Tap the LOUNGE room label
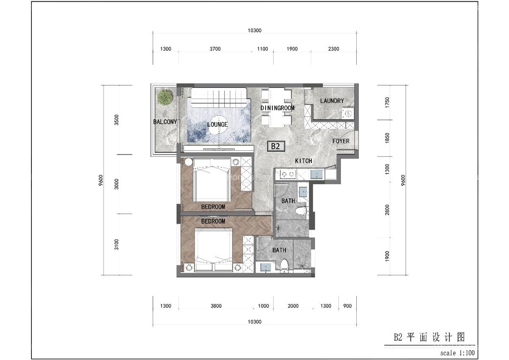218,125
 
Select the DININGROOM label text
277,108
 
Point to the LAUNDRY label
332,101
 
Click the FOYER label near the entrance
341,141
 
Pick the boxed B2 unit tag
276,146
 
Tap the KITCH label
304,161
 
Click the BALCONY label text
165,122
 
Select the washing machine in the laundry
348,113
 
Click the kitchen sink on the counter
316,174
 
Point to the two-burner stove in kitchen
287,174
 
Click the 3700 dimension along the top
215,49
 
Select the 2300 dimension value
333,49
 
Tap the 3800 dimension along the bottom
215,306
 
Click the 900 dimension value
347,306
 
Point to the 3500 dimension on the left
117,120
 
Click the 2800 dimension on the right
387,210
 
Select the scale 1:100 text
457,353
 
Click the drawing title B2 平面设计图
429,337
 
